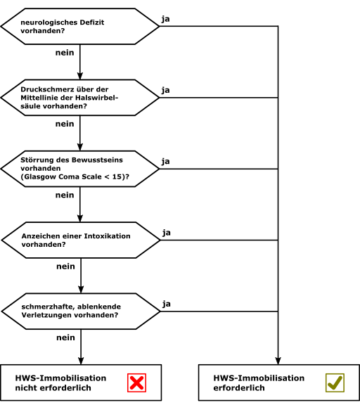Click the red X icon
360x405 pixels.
pos(136,382)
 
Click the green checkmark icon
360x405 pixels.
pos(335,382)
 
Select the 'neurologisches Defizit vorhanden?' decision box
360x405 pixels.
pos(79,26)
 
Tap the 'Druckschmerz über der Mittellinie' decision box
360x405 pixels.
pos(79,98)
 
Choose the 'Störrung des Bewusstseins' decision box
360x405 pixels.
pos(79,169)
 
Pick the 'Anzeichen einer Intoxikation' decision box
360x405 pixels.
pos(81,240)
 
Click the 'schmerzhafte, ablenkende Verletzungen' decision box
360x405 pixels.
pos(81,311)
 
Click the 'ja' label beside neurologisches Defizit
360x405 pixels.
pos(165,20)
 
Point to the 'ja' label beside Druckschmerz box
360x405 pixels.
pos(165,91)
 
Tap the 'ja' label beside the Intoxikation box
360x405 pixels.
pos(167,233)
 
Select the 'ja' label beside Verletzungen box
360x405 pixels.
pos(167,304)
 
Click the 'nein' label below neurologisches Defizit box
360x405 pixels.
pos(65,53)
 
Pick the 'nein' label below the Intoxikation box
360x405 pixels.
pos(66,266)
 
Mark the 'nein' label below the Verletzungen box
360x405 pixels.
pos(66,337)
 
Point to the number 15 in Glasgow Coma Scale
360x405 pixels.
pos(117,176)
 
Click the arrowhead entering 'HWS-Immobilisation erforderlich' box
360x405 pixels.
pos(278,361)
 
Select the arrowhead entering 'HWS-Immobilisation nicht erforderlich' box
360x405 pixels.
pos(81,361)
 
